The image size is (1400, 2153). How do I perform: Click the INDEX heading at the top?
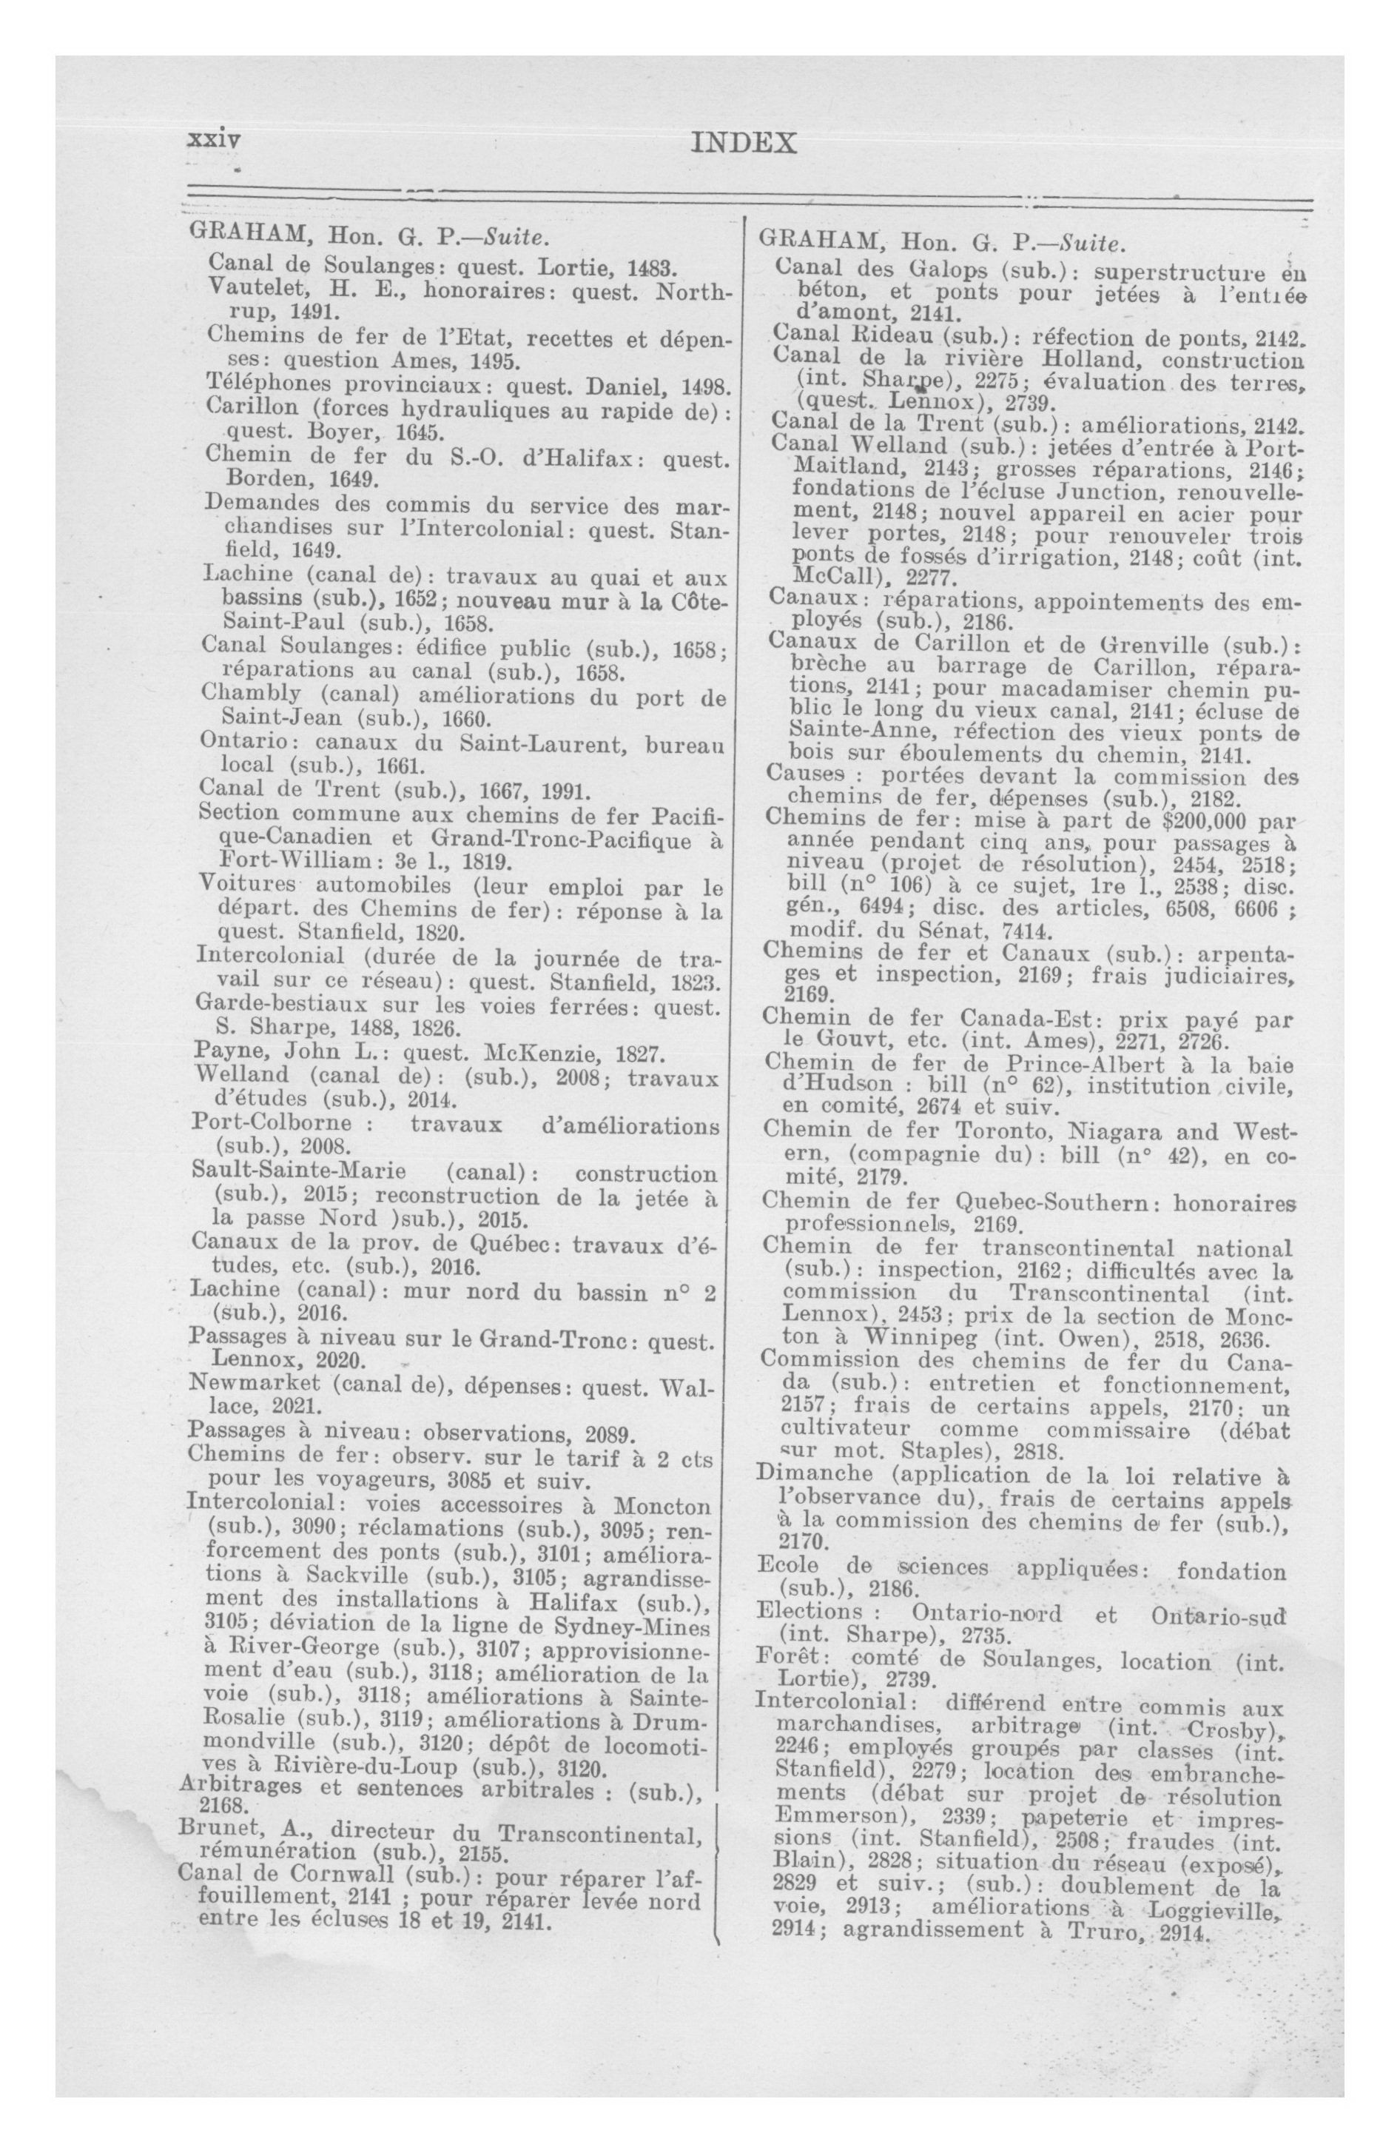[x=742, y=143]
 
